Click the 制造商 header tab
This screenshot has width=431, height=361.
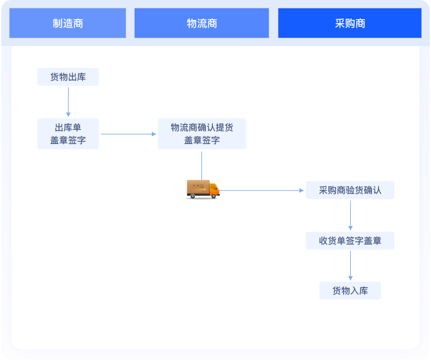(x=67, y=24)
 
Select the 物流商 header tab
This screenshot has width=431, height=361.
(x=201, y=24)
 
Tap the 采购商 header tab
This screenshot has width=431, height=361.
(x=350, y=24)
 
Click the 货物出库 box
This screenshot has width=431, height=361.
(x=68, y=77)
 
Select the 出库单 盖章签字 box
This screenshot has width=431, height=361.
(x=68, y=134)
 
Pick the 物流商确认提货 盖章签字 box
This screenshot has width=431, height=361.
(x=202, y=134)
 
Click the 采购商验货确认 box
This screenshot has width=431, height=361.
(x=350, y=190)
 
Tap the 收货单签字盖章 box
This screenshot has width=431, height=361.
(x=350, y=241)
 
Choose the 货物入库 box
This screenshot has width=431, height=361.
(x=350, y=291)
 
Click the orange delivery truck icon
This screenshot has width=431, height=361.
(x=203, y=189)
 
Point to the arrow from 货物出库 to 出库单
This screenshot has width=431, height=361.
(x=68, y=102)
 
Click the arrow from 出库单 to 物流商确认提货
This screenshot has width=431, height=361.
(x=128, y=134)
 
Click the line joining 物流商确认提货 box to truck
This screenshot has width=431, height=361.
(x=201, y=164)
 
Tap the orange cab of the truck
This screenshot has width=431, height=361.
(x=214, y=190)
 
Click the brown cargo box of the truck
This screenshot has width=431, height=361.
(x=197, y=188)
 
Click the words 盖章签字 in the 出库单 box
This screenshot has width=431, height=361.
(x=68, y=140)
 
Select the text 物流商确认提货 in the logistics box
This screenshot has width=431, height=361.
(x=202, y=127)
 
